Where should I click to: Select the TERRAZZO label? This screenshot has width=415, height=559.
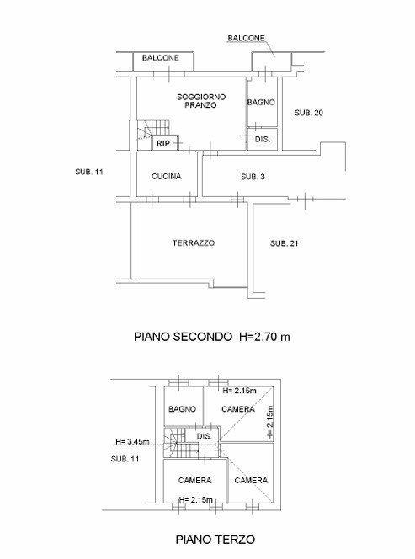(194, 242)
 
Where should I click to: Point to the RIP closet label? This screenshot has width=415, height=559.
(163, 144)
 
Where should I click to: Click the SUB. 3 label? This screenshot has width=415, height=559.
(253, 177)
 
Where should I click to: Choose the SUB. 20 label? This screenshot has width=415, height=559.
(308, 113)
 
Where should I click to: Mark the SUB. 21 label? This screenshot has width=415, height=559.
(285, 243)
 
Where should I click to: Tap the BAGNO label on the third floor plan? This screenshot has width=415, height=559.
(182, 409)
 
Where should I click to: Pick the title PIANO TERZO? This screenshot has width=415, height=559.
(210, 539)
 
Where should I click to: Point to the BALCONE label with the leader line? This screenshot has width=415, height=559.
(246, 38)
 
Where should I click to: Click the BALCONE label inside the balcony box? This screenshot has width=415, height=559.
(160, 58)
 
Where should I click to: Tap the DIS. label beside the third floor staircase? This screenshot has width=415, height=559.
(203, 437)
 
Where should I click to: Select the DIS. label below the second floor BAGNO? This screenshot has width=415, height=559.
(262, 140)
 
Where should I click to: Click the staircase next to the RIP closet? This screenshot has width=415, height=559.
(146, 131)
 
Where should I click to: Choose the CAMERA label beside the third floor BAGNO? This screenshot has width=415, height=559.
(238, 409)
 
